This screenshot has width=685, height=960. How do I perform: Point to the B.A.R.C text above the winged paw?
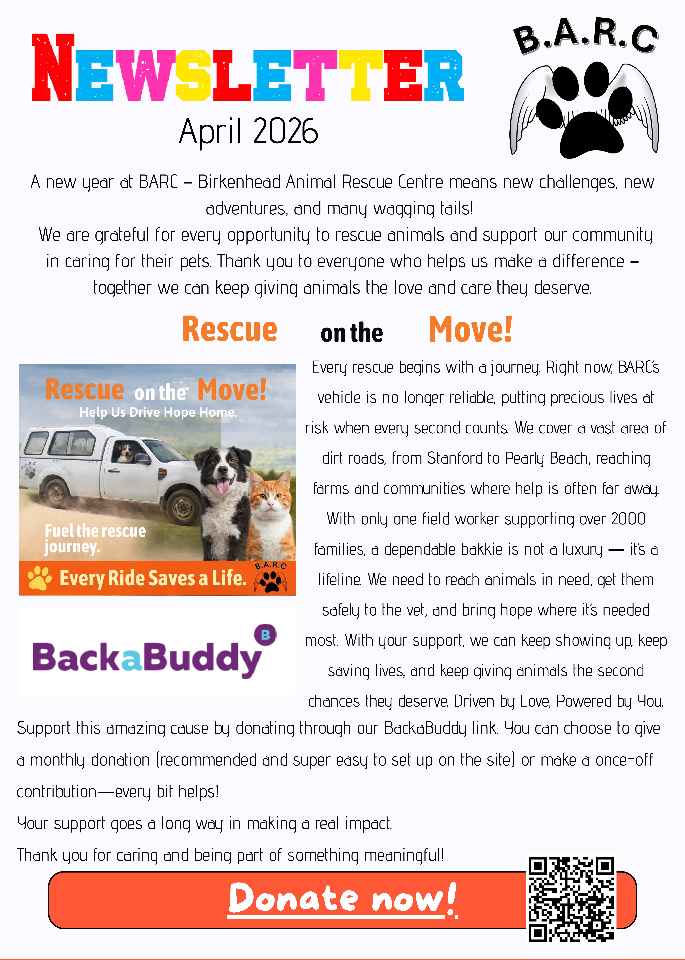[585, 37]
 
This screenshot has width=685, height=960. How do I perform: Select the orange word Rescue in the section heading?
[230, 330]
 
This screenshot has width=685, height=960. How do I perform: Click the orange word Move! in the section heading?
[470, 330]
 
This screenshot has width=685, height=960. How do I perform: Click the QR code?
[572, 899]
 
